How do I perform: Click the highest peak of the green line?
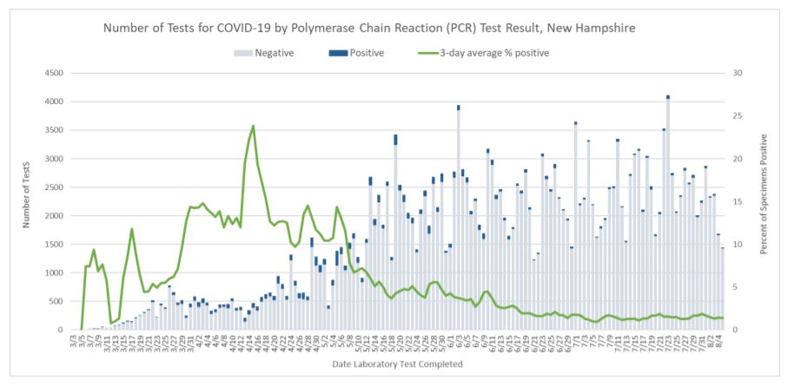tap(253, 126)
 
